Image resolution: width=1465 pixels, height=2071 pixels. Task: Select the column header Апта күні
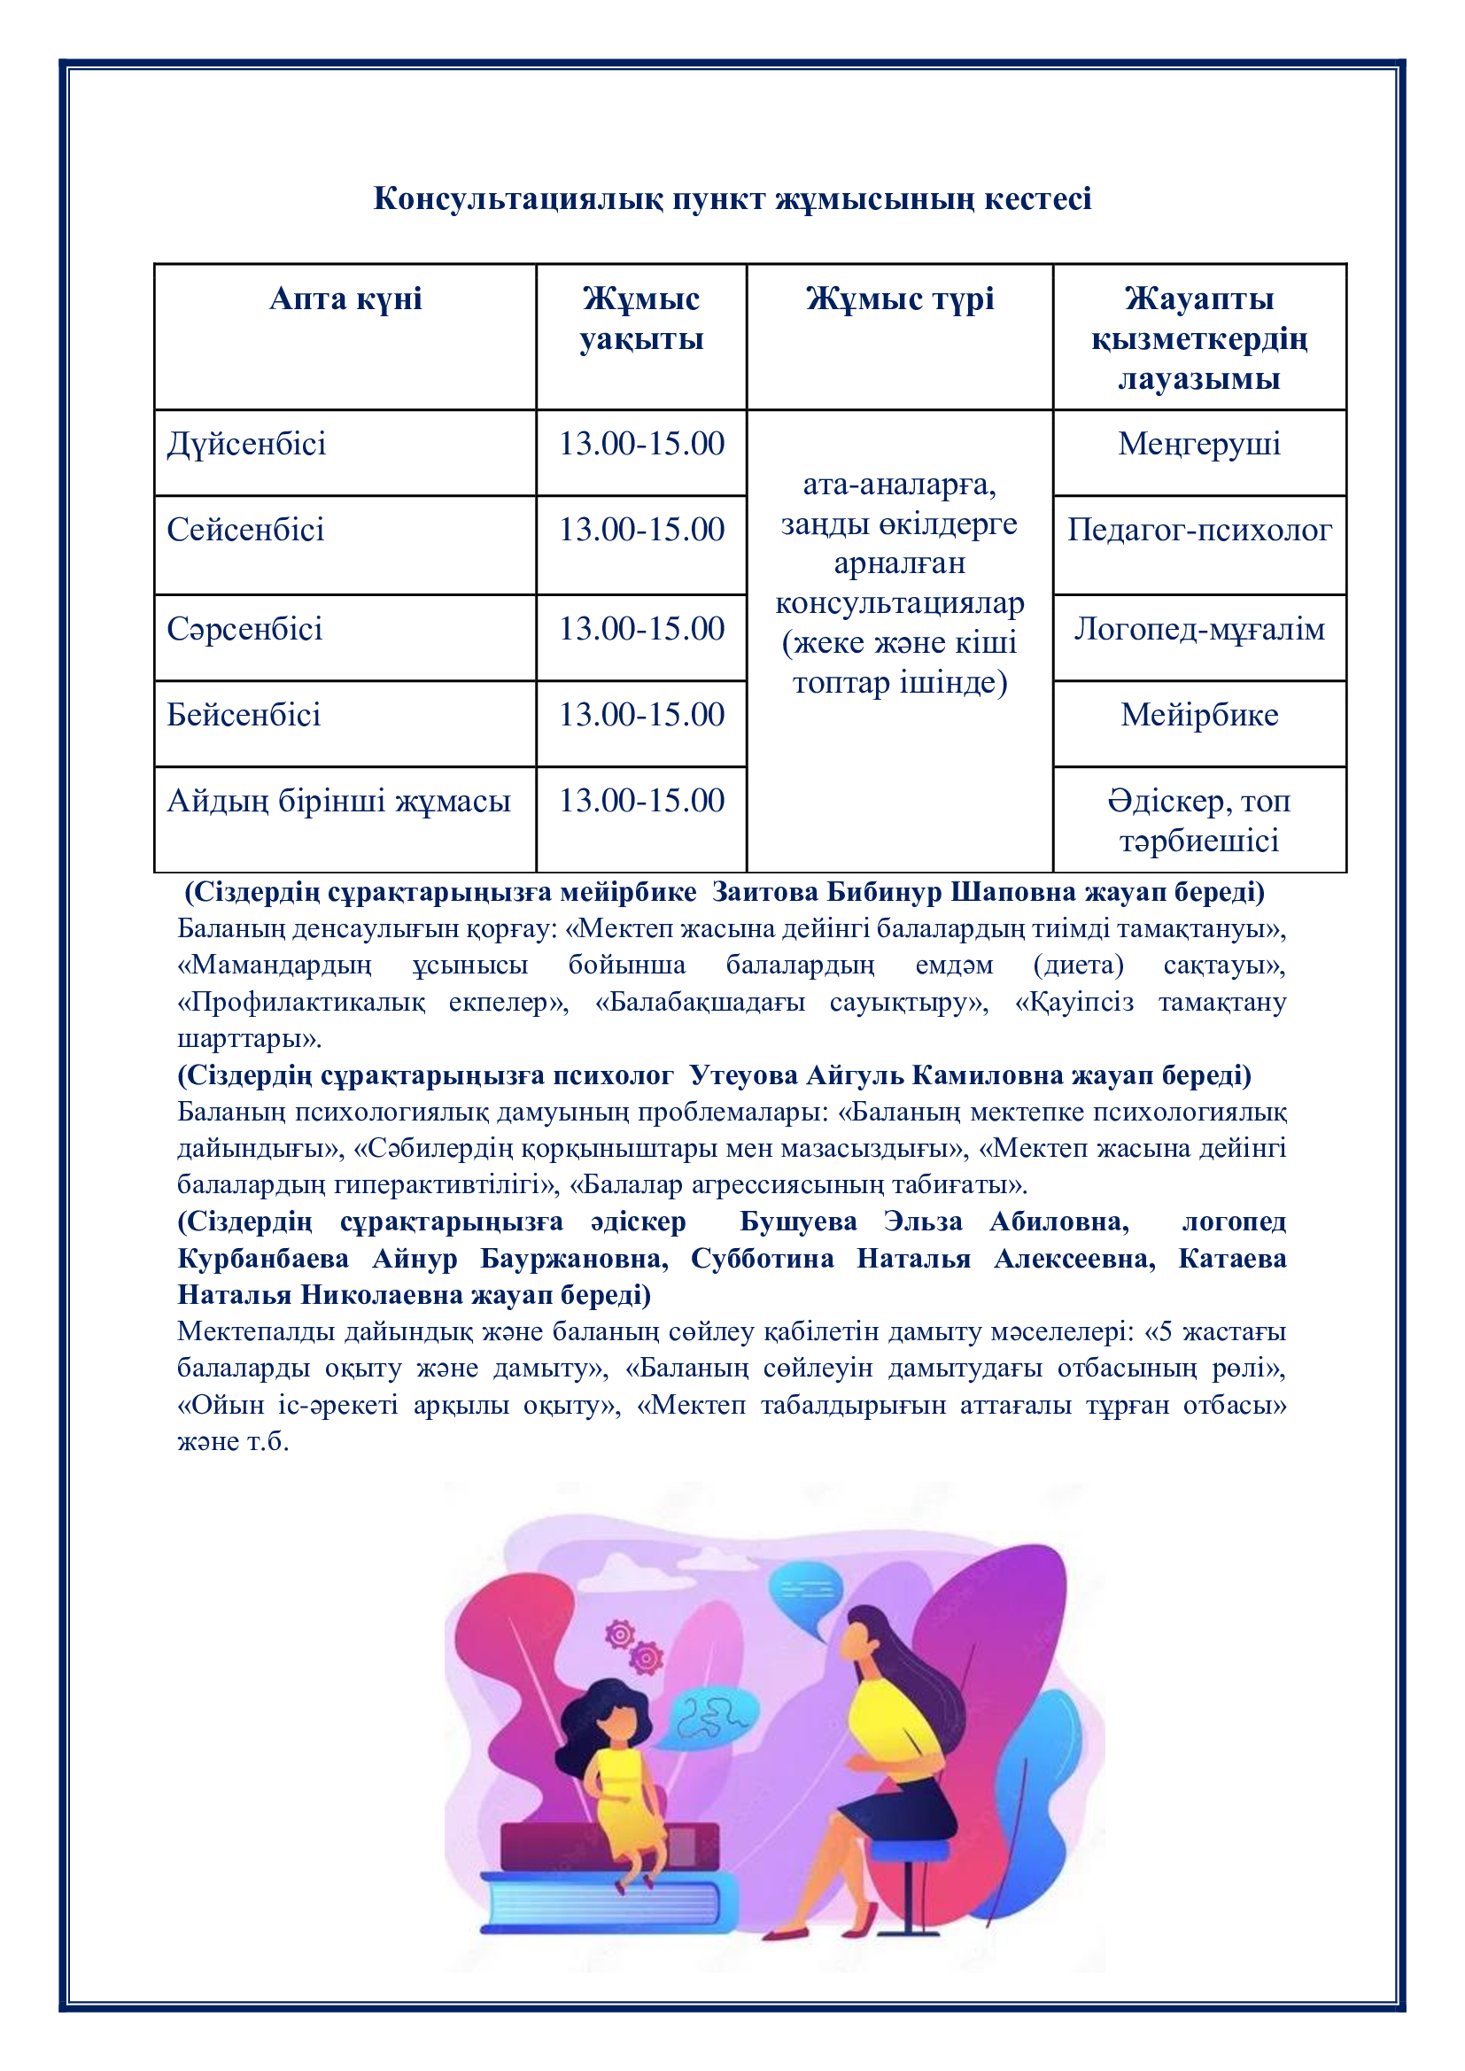(345, 299)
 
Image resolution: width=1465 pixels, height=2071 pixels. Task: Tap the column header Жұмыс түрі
(899, 299)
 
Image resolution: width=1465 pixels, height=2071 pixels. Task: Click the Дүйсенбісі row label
(246, 445)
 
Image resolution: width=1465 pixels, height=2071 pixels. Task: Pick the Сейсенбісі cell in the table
(245, 531)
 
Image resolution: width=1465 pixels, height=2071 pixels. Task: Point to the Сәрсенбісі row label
(244, 630)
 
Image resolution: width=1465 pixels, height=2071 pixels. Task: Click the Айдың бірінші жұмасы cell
(339, 801)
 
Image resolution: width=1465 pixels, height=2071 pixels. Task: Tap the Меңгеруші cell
(1199, 445)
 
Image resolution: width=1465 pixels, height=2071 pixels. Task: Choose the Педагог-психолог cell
(1199, 531)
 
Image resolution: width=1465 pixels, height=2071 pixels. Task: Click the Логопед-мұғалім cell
(1199, 630)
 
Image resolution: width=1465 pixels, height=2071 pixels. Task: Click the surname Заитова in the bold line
(765, 892)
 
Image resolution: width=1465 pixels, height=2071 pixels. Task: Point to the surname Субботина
(763, 1259)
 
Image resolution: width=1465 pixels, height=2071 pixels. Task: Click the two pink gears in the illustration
(634, 1646)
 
